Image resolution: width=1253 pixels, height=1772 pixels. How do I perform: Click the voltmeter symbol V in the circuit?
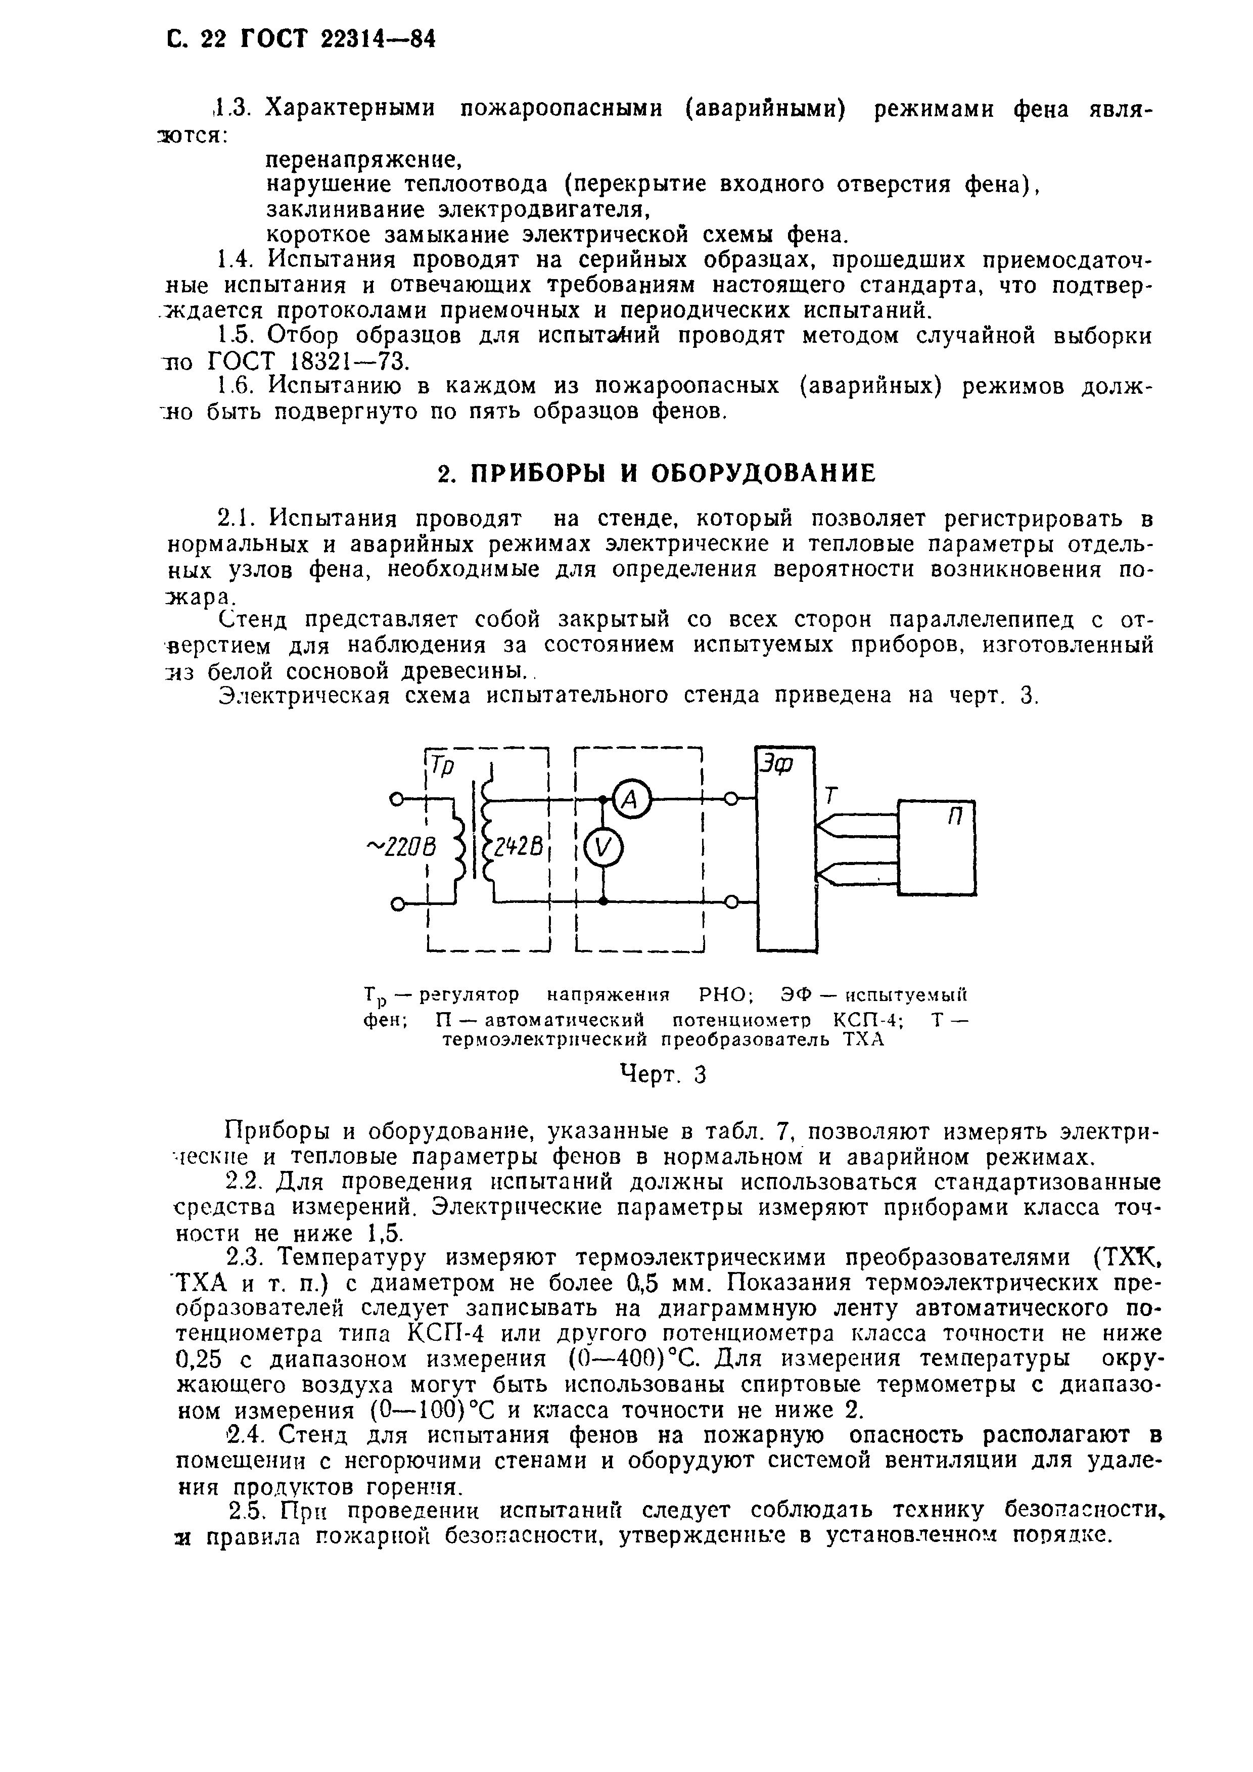click(x=604, y=850)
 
